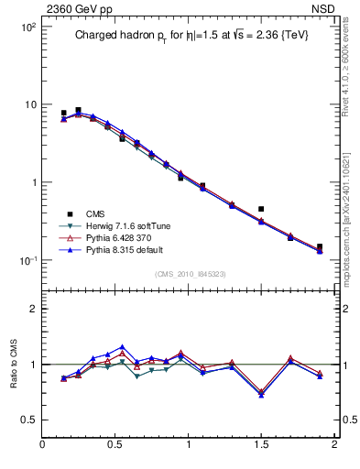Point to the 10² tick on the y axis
27,27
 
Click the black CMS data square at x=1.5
261,209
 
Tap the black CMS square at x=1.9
320,246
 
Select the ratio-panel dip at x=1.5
261,394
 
